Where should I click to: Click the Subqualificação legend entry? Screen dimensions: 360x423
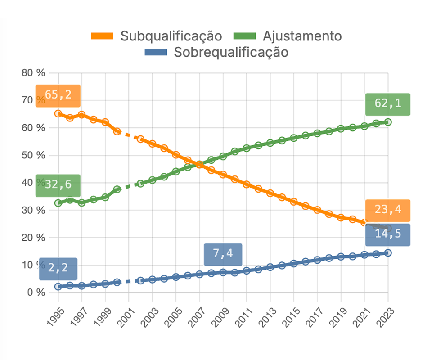[x=157, y=36]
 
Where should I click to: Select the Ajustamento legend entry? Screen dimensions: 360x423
[x=288, y=36]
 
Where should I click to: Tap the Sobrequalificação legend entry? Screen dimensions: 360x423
[x=216, y=52]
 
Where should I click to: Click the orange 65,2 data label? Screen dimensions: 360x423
[x=58, y=95]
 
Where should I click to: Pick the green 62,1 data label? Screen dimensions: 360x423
[x=387, y=104]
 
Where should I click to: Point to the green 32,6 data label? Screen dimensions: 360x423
[x=58, y=185]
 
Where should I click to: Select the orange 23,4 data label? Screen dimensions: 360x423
[x=387, y=210]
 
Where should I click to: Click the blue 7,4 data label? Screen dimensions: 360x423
[x=223, y=254]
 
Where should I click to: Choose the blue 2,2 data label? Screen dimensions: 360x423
[x=58, y=269]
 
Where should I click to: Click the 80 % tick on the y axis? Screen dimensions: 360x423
[x=34, y=73]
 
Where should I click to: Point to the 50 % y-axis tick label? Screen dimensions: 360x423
[x=34, y=155]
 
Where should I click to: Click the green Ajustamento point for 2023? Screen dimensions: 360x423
[x=388, y=122]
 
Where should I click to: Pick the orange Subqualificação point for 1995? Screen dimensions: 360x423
[x=58, y=113]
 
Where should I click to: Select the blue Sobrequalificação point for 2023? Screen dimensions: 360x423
[x=388, y=253]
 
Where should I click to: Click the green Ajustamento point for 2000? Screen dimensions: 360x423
[x=117, y=189]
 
